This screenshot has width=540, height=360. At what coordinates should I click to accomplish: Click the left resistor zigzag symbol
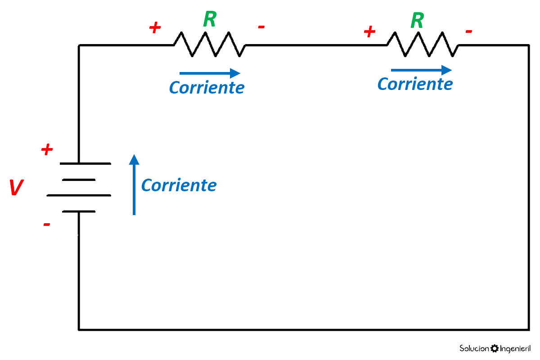click(x=210, y=45)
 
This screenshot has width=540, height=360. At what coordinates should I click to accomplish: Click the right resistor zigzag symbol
click(x=423, y=45)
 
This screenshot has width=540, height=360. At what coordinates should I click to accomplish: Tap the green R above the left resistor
click(x=210, y=19)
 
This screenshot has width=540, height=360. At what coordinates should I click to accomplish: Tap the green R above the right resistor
click(x=418, y=20)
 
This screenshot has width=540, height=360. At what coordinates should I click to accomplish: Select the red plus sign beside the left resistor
click(x=155, y=28)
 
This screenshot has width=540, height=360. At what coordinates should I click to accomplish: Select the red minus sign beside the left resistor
click(x=261, y=27)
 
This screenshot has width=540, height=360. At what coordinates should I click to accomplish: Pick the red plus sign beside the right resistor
click(x=369, y=31)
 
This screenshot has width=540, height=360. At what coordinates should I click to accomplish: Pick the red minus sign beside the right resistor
click(x=468, y=31)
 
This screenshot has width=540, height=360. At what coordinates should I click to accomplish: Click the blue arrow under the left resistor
click(x=210, y=73)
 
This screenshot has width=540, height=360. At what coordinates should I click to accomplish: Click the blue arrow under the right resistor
click(x=421, y=70)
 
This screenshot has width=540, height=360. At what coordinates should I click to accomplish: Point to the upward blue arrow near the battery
click(x=134, y=184)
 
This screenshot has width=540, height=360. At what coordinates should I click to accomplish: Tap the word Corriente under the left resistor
click(x=207, y=87)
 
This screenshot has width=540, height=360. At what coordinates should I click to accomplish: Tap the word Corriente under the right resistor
click(x=415, y=84)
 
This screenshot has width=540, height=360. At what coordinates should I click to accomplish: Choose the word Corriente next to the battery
click(x=179, y=185)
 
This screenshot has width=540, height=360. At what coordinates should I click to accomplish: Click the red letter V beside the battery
click(x=16, y=188)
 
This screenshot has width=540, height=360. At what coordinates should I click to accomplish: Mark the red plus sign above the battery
click(x=47, y=150)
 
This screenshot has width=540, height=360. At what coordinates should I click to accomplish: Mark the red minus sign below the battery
click(x=46, y=224)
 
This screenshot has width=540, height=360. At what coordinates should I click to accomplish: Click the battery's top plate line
click(x=79, y=163)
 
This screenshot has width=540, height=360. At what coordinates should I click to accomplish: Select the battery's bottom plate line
click(x=79, y=211)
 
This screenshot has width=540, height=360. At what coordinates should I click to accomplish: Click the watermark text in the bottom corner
click(x=495, y=349)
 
